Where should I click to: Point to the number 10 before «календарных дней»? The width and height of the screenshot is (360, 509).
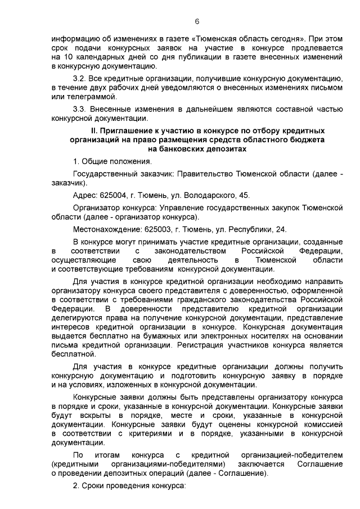(69, 57)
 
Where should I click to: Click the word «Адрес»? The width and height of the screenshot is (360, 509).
(85, 195)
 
